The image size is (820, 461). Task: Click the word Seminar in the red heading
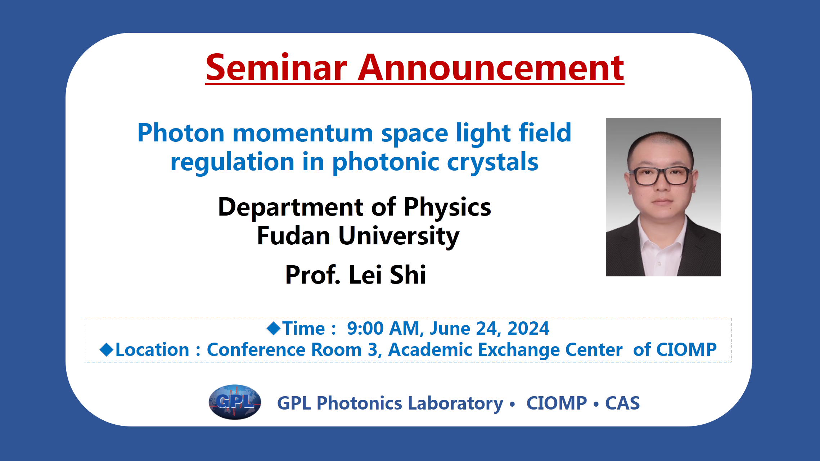(276, 67)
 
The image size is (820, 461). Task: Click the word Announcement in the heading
(491, 67)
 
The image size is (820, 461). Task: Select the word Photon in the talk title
(181, 133)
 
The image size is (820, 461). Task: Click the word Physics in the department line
(447, 208)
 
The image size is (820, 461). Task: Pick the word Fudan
(294, 236)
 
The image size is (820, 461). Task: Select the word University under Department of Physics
(399, 237)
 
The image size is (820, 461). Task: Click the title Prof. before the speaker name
(312, 275)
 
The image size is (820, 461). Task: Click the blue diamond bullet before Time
(274, 328)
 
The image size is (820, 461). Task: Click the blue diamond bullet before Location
(107, 349)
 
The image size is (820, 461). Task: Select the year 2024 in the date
(528, 328)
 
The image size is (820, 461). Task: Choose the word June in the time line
(450, 328)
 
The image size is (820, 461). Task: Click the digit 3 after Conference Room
(373, 349)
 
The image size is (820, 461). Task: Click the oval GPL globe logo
(235, 402)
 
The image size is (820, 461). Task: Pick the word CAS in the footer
(622, 403)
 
